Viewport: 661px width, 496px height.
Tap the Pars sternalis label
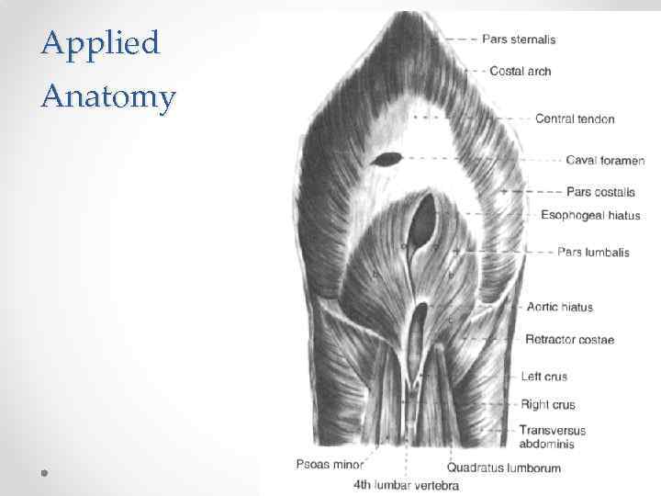click(x=519, y=39)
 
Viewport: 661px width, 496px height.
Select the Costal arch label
click(x=521, y=71)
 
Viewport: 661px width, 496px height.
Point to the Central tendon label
click(x=575, y=118)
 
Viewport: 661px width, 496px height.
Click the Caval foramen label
click(x=605, y=161)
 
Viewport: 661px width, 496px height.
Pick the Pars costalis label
click(x=600, y=192)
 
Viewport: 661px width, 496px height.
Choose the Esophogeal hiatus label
click(x=590, y=216)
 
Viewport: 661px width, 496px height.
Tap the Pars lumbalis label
click(x=593, y=253)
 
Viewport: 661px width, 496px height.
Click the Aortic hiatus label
click(x=560, y=307)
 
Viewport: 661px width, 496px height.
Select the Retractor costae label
click(x=569, y=340)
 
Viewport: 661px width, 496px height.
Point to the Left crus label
click(x=544, y=377)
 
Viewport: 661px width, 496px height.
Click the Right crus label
click(x=548, y=404)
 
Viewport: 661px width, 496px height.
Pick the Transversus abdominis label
click(x=552, y=437)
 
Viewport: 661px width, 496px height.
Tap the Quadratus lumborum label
click(x=504, y=468)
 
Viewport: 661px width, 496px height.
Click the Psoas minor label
click(x=330, y=464)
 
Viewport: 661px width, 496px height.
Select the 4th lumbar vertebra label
click(x=406, y=485)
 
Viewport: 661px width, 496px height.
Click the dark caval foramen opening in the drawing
click(x=387, y=159)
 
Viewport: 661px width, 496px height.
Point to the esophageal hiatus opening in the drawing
click(x=424, y=220)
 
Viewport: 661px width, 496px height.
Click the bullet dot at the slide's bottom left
click(x=43, y=472)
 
